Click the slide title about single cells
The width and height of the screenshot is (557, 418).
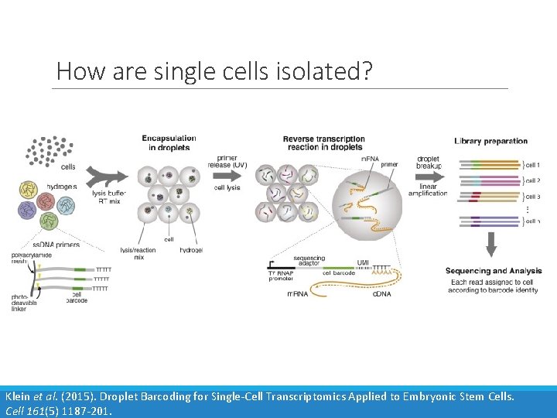(214, 71)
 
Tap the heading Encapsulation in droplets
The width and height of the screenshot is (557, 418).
(169, 142)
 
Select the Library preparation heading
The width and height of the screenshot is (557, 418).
(490, 141)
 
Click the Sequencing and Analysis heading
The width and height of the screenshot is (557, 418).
(493, 271)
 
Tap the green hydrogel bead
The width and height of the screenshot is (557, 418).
(49, 221)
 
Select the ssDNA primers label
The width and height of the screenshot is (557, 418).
(55, 245)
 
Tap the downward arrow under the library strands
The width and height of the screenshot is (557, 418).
(491, 245)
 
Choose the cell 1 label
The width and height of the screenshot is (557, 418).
(532, 166)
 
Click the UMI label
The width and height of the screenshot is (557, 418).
(364, 263)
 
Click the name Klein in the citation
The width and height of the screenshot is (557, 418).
(19, 396)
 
